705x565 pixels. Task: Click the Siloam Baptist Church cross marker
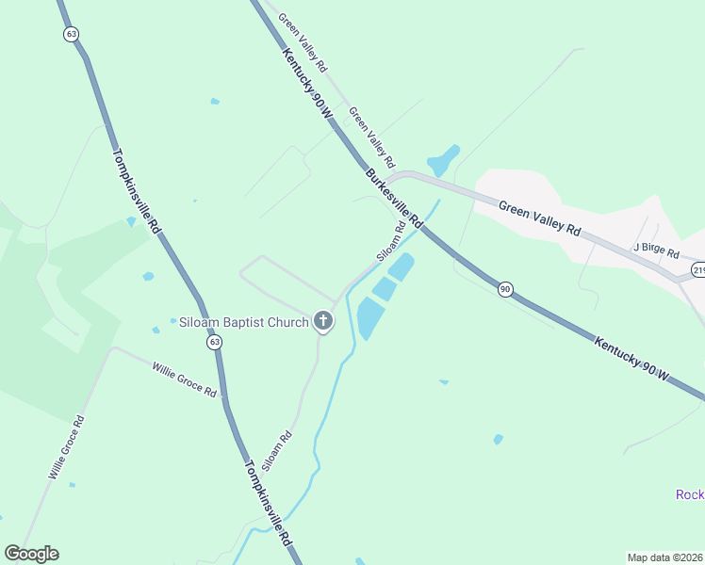(323, 322)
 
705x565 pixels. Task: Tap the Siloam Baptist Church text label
(244, 323)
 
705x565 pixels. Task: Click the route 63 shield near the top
(72, 33)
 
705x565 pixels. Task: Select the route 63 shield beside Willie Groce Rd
(216, 342)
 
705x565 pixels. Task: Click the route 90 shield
(505, 289)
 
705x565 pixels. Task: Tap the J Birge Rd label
(656, 250)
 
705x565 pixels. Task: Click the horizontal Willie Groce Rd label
(184, 378)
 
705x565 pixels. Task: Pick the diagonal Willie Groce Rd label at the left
(66, 448)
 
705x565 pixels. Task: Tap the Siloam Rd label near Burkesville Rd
(391, 241)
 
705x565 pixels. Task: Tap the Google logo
(31, 554)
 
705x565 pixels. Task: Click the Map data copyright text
(665, 557)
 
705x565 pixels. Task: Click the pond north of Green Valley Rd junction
(443, 160)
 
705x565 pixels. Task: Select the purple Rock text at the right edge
(690, 494)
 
